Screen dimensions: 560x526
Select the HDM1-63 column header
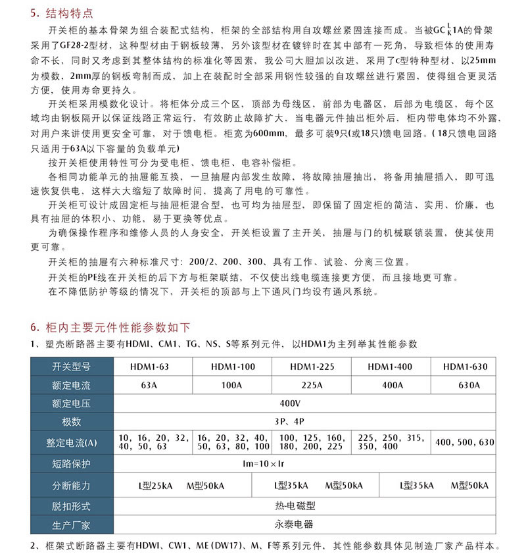tap(150, 367)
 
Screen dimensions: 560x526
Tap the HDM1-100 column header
tap(233, 367)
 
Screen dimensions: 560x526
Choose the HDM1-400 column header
tap(390, 367)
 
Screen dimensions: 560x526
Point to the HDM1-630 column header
tap(465, 367)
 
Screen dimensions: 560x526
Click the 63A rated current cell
tap(150, 385)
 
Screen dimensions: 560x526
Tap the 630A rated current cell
tap(465, 385)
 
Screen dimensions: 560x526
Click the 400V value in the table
tap(289, 403)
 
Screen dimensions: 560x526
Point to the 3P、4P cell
tap(289, 421)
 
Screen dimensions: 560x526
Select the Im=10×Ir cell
tap(289, 464)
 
